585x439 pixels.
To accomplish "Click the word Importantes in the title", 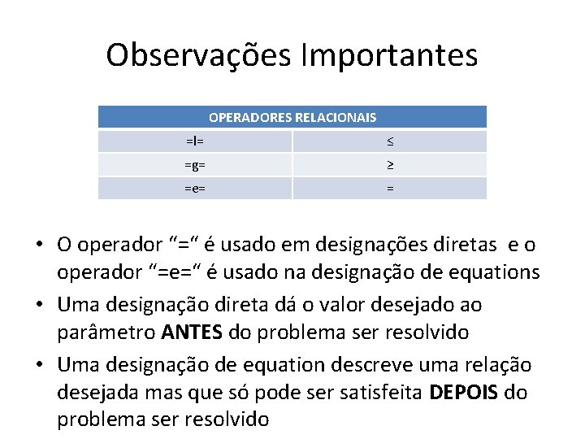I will click(x=388, y=55).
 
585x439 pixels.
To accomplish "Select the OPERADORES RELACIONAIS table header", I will click(x=292, y=118).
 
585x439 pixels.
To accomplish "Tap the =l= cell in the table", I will click(x=195, y=141).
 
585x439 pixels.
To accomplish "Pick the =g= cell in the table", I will click(x=195, y=165).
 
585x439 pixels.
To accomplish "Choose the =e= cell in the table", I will click(x=195, y=189).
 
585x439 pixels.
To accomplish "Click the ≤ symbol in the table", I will click(x=390, y=141).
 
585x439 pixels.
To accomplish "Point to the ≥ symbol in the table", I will click(x=390, y=165).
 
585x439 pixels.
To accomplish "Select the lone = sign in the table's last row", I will click(x=390, y=189).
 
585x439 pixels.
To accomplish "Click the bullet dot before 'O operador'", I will click(x=39, y=245).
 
